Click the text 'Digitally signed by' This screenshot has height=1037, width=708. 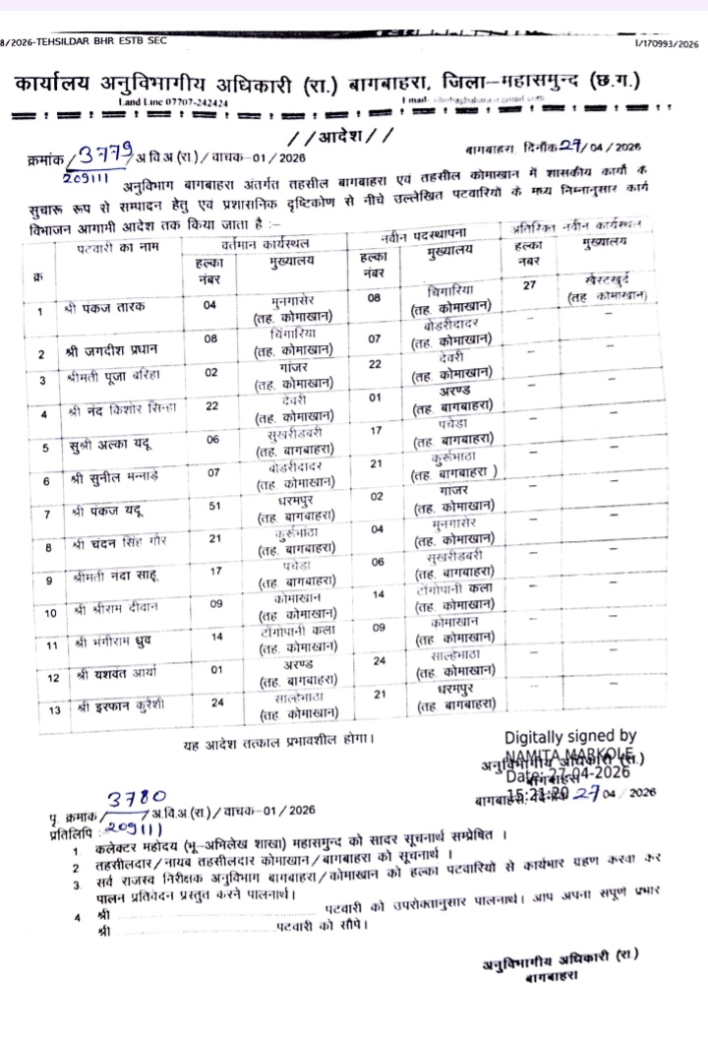(x=569, y=735)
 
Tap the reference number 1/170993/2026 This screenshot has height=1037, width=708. (x=662, y=43)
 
